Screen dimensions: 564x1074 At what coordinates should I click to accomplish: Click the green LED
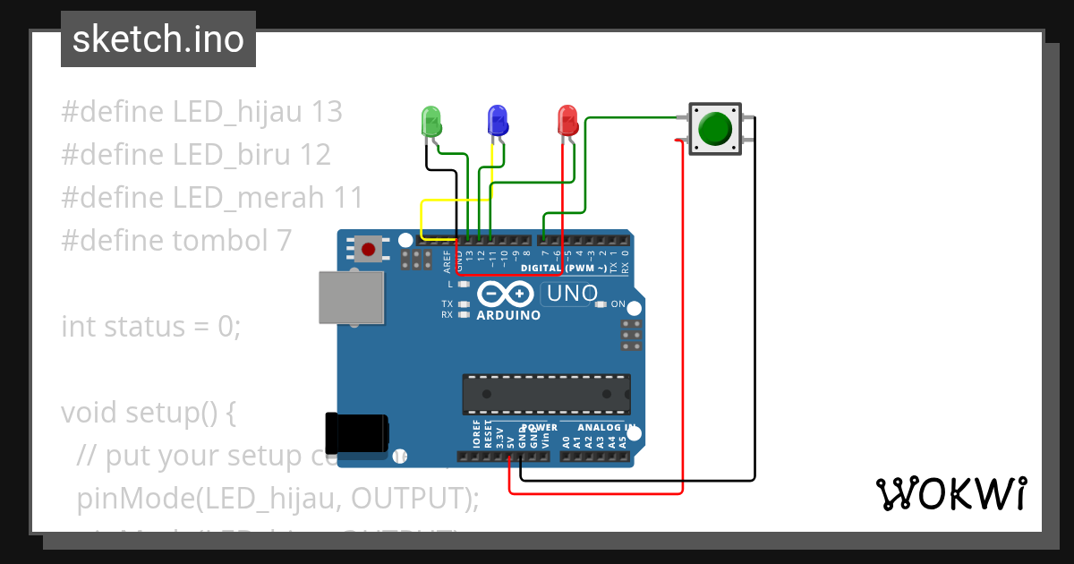tap(430, 120)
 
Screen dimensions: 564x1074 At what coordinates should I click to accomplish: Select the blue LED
tap(497, 120)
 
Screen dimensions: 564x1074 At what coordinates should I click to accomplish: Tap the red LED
tap(567, 120)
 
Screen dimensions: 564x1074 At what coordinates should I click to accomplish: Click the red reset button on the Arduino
tap(367, 249)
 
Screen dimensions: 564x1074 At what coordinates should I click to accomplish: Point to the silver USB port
tap(352, 299)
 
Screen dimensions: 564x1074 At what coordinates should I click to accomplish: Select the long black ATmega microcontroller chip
tap(546, 395)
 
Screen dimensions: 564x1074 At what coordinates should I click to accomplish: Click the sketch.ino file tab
tap(158, 39)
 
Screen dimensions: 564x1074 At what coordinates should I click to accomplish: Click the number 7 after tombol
tap(284, 241)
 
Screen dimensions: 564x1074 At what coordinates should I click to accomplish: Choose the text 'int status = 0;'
tap(151, 327)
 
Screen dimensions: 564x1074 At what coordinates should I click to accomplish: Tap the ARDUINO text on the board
tap(508, 315)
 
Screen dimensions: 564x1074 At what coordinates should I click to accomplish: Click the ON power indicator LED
tap(600, 304)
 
